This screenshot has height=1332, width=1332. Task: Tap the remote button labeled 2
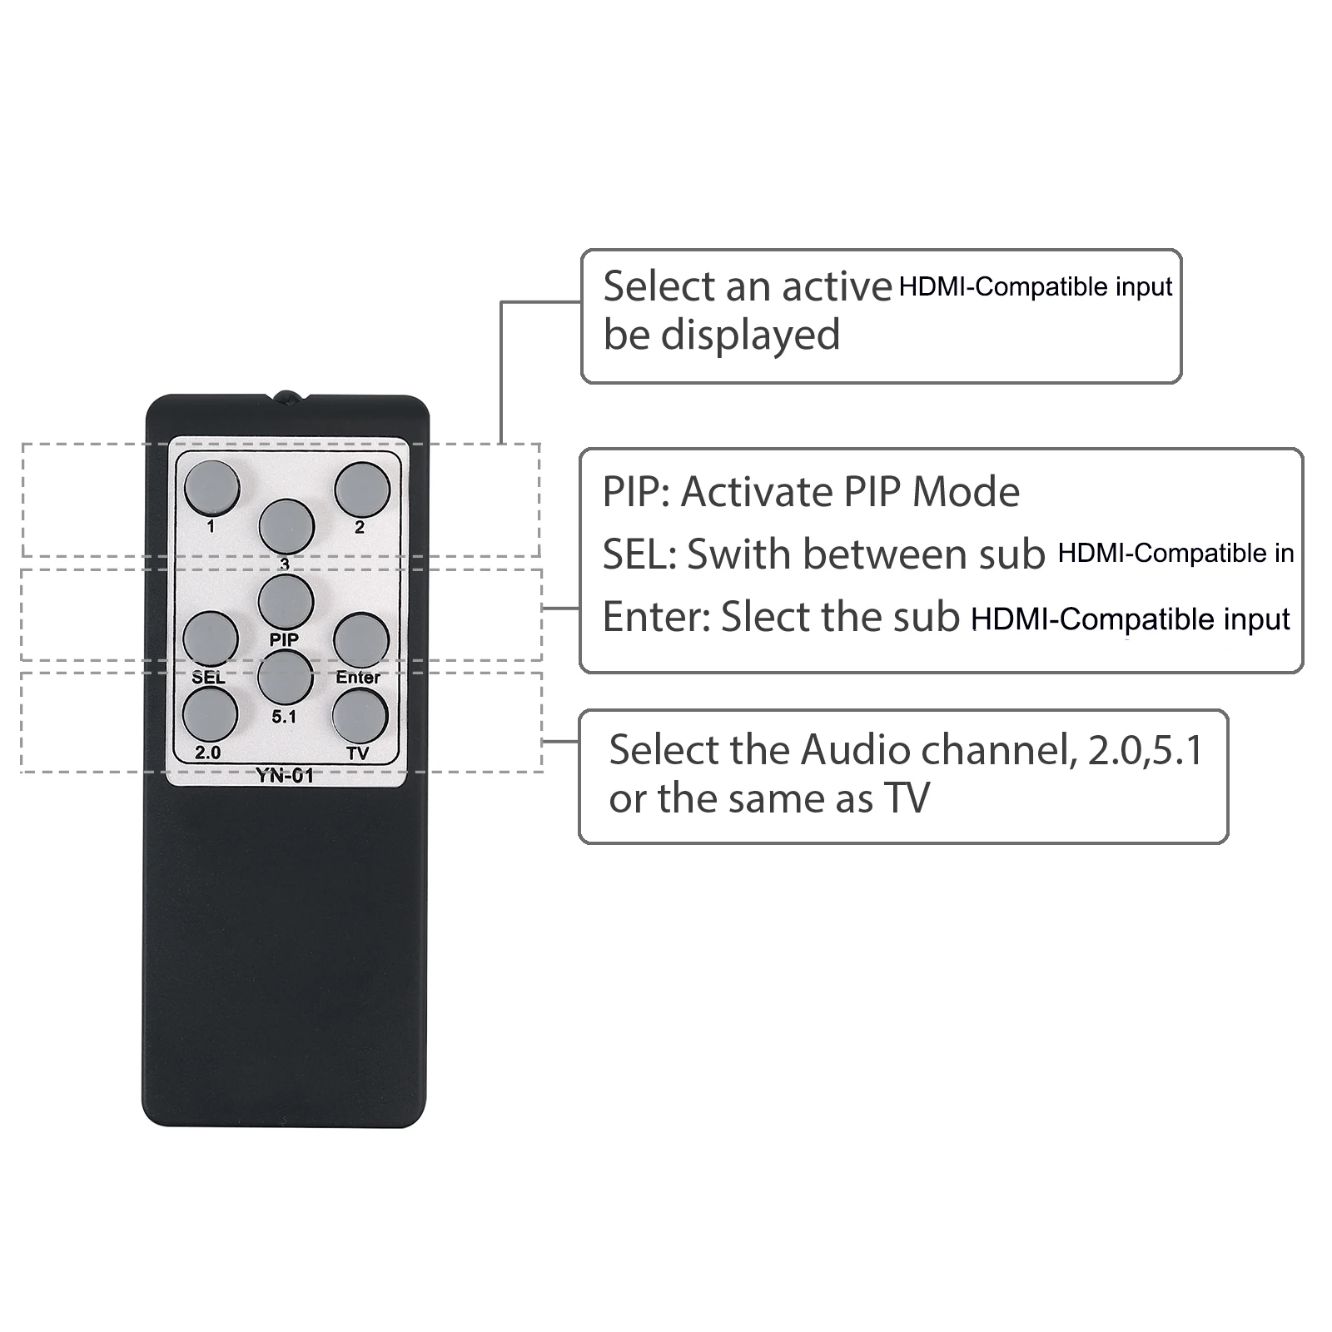pos(362,490)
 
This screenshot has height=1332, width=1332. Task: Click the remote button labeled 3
pos(286,526)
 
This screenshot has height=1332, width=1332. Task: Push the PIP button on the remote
pos(286,601)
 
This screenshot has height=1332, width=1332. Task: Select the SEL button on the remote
pos(211,639)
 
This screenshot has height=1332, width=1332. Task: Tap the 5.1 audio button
pos(285,677)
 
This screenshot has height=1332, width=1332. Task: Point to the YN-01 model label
pos(285,776)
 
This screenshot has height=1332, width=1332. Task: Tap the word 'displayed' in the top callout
pos(750,335)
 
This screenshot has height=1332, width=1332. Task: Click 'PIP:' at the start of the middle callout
pos(636,492)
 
